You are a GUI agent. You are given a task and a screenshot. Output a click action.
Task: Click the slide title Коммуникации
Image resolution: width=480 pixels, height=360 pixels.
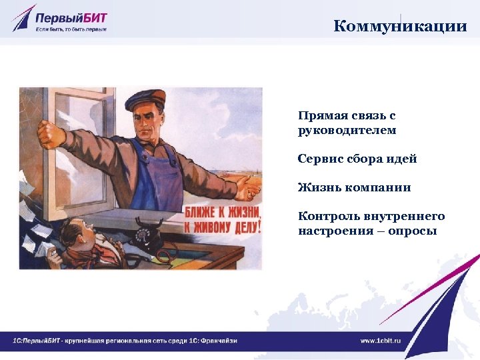pos(399,26)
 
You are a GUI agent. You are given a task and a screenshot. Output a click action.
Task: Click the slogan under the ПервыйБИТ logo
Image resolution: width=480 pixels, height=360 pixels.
pos(71,29)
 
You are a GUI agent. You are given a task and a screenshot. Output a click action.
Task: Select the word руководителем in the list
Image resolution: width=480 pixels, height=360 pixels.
pos(347,131)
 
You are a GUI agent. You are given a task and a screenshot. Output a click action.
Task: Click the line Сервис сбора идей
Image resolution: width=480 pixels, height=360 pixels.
pos(357,159)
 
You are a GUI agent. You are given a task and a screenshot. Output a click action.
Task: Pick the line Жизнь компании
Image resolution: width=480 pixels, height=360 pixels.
pos(354,187)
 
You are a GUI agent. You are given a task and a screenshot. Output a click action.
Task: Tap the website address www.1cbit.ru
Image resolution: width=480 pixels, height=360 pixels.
pos(381,341)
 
